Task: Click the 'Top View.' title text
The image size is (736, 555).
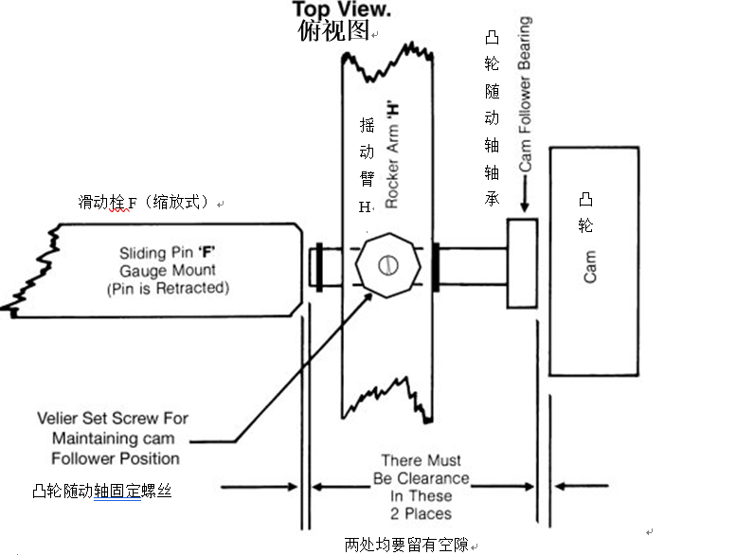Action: click(x=342, y=9)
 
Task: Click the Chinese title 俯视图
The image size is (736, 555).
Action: click(x=332, y=30)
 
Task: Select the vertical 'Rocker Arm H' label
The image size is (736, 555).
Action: click(x=390, y=153)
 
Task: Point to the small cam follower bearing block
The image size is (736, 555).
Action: click(x=522, y=262)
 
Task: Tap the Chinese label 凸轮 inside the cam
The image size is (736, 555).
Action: click(x=585, y=213)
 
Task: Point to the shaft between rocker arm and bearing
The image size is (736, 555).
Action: click(x=472, y=262)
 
